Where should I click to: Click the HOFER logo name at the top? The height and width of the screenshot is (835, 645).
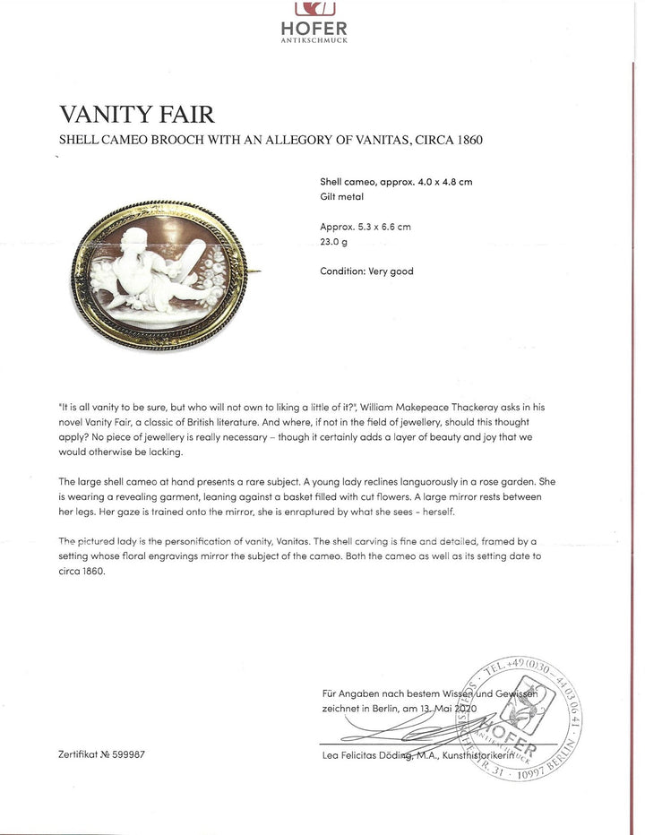[x=314, y=29]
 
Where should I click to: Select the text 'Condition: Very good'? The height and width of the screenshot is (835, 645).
[x=366, y=271]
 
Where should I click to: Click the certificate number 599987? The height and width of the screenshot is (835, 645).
[x=126, y=754]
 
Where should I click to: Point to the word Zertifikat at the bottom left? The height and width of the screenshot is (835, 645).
[x=78, y=754]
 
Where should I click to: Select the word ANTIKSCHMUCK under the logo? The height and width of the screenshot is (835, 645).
[x=314, y=40]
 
